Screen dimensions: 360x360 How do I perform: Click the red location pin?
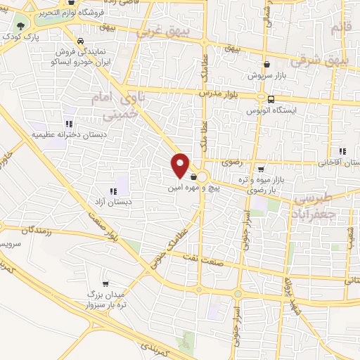(181, 165)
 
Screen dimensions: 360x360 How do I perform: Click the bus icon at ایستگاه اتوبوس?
(271, 99)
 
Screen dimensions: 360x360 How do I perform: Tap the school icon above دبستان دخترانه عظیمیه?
(68, 122)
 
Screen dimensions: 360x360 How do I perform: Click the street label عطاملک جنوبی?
(169, 243)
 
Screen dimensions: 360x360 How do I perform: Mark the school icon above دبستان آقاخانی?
(342, 151)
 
